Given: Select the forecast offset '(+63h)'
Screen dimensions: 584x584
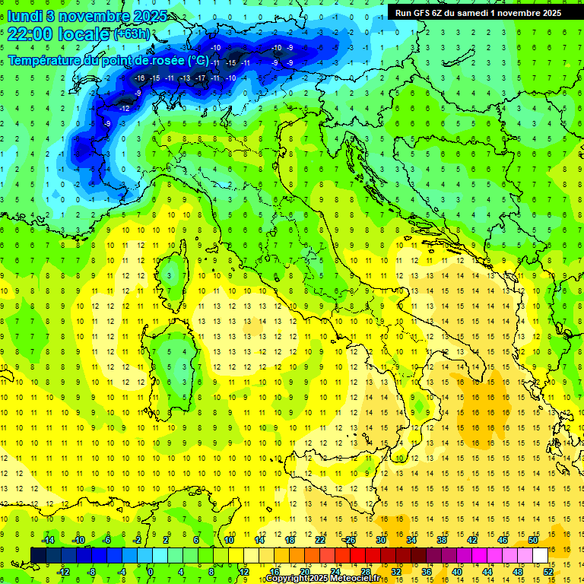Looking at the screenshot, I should click(x=132, y=34).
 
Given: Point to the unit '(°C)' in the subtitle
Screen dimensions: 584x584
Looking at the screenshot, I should click(x=197, y=59).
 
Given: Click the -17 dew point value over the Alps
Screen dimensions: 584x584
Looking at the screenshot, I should click(x=201, y=78).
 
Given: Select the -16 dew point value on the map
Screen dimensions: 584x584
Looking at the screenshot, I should click(x=139, y=78).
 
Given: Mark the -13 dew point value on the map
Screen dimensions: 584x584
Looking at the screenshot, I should click(x=185, y=78).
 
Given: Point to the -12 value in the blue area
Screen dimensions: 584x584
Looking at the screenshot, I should click(x=124, y=109).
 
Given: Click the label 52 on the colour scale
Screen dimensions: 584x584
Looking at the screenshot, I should click(x=547, y=571).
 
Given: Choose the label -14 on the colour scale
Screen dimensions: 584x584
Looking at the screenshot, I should click(x=48, y=540).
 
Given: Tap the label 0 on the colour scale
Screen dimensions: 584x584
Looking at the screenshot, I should click(x=151, y=571).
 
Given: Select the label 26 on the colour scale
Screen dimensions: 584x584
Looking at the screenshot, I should click(x=350, y=540).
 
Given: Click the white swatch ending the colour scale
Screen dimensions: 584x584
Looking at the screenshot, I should click(x=540, y=555).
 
